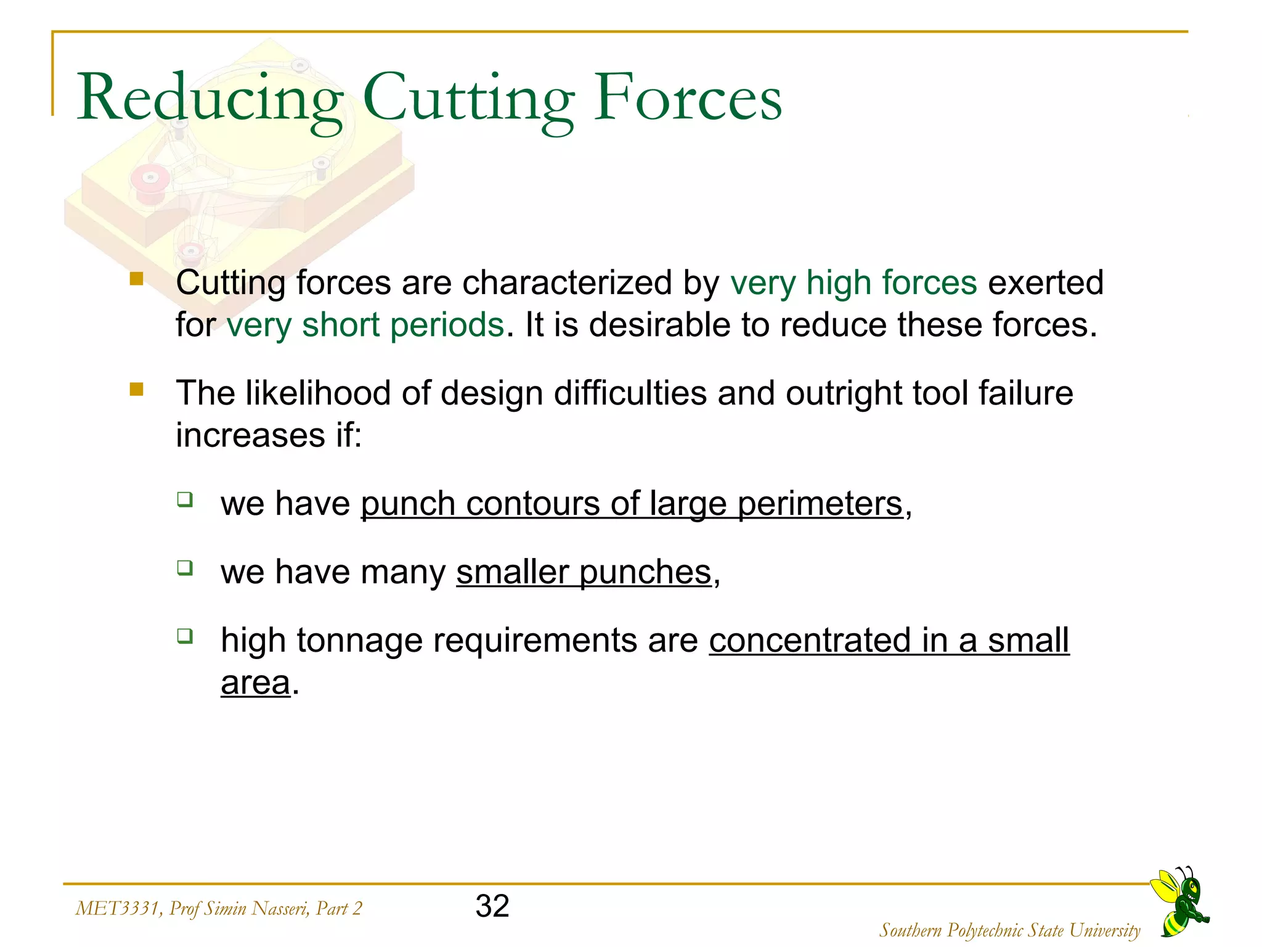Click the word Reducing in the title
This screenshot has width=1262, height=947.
click(210, 99)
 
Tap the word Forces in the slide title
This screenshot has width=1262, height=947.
click(688, 99)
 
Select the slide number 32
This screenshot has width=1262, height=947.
click(492, 906)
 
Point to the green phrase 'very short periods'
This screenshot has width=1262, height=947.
click(365, 325)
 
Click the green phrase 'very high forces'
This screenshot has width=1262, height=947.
click(853, 283)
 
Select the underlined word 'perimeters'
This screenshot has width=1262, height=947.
click(820, 504)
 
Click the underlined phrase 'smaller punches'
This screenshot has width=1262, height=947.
click(584, 572)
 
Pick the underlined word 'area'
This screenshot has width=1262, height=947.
click(255, 683)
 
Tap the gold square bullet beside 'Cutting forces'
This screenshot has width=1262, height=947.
click(137, 280)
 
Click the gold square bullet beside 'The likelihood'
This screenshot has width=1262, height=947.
click(137, 390)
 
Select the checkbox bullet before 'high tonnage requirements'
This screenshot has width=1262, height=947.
click(185, 636)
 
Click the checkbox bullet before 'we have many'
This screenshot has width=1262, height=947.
click(185, 567)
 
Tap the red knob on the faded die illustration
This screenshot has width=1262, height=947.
click(150, 181)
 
